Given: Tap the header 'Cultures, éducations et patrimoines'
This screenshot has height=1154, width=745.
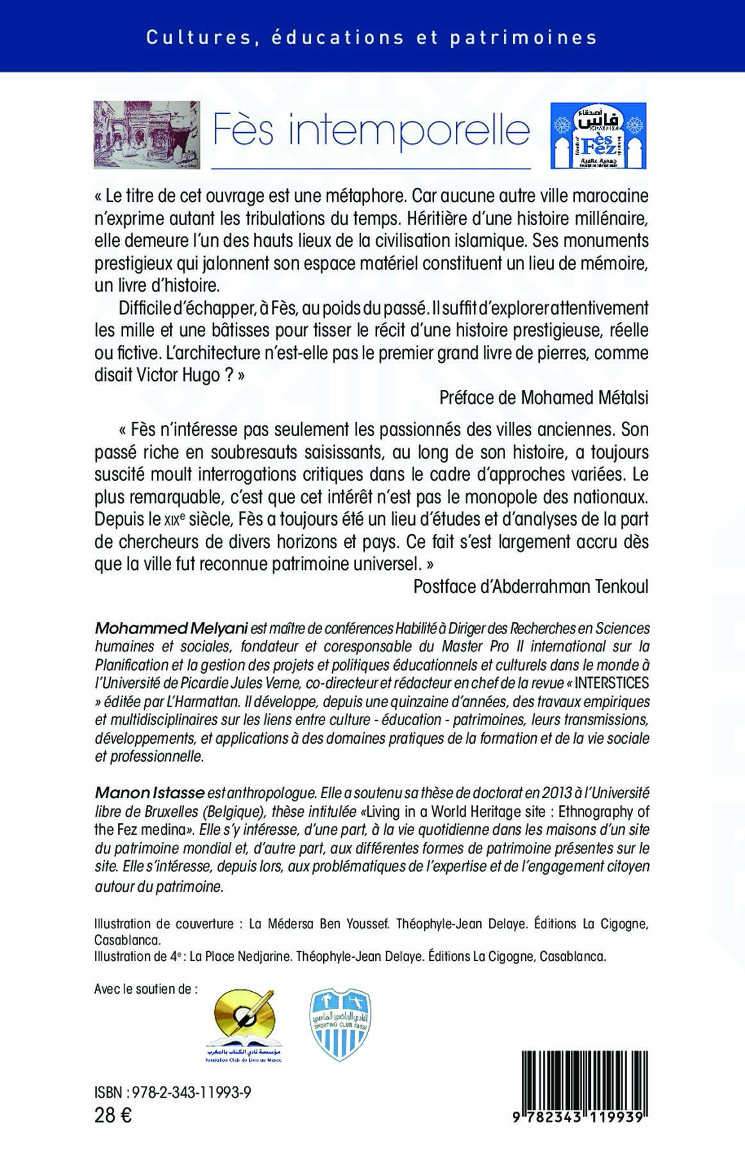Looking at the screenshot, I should pos(371,38).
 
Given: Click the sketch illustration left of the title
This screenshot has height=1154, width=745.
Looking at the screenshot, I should pos(147,135).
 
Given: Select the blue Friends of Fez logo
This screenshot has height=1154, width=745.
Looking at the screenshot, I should pos(598,135).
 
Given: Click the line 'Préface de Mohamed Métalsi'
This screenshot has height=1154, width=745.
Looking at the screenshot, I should pos(544,398).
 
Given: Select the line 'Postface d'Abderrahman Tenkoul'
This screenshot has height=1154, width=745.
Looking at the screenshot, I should pos(531,587).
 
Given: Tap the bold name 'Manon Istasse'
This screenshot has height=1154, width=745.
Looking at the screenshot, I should pos(149,793).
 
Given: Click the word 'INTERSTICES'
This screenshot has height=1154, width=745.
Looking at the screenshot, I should pos(612,683).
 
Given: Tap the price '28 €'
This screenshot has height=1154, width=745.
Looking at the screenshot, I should pos(113,1116).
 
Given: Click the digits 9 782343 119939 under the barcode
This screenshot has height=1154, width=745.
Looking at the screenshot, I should pos(578,1117).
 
